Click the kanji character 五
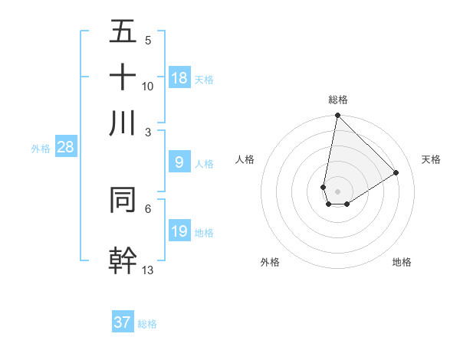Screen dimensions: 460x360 (123, 32)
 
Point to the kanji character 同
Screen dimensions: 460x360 (123, 198)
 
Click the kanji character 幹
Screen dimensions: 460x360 (123, 259)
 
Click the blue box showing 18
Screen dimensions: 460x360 (179, 78)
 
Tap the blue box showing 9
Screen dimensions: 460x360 (179, 162)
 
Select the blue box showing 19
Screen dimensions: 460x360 (179, 231)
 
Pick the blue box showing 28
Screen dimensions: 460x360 (65, 147)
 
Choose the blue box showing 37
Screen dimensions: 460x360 (123, 322)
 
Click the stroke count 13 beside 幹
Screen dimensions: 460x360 (148, 270)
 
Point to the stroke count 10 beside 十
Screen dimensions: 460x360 (148, 86)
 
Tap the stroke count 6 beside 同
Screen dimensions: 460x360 (148, 208)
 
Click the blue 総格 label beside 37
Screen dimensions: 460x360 (147, 324)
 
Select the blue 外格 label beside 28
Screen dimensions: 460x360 (40, 149)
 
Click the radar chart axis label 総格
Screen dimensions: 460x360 (338, 100)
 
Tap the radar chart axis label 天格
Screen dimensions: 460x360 (431, 159)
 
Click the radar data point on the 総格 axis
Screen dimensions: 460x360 (337, 116)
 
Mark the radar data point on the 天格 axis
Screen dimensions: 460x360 (396, 172)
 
